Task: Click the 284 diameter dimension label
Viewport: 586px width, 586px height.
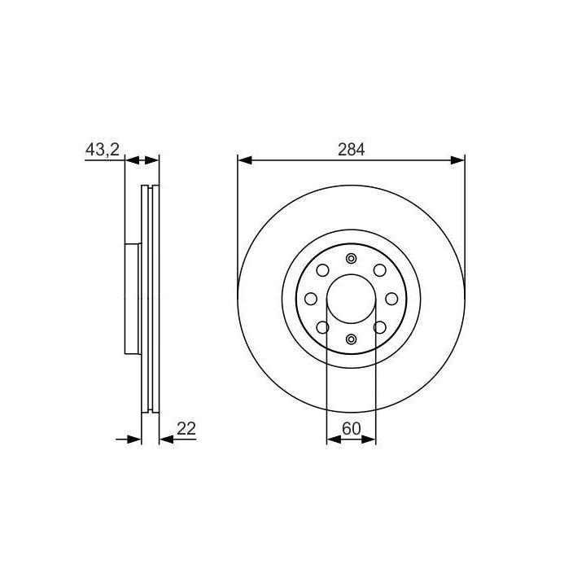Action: tap(351, 150)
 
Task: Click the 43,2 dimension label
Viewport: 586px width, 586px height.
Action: tap(102, 150)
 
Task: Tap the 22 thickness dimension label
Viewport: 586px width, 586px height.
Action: tap(186, 429)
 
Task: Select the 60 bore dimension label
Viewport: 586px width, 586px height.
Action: tap(352, 429)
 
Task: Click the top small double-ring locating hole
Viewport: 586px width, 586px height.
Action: tap(351, 258)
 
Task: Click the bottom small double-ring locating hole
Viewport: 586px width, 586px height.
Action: tap(351, 339)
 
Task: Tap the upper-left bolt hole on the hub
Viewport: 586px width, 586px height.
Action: tap(322, 270)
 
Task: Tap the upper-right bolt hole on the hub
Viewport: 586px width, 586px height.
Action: tap(380, 270)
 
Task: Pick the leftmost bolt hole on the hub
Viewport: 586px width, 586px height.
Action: tap(311, 299)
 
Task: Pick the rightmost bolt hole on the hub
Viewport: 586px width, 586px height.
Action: tap(391, 299)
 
